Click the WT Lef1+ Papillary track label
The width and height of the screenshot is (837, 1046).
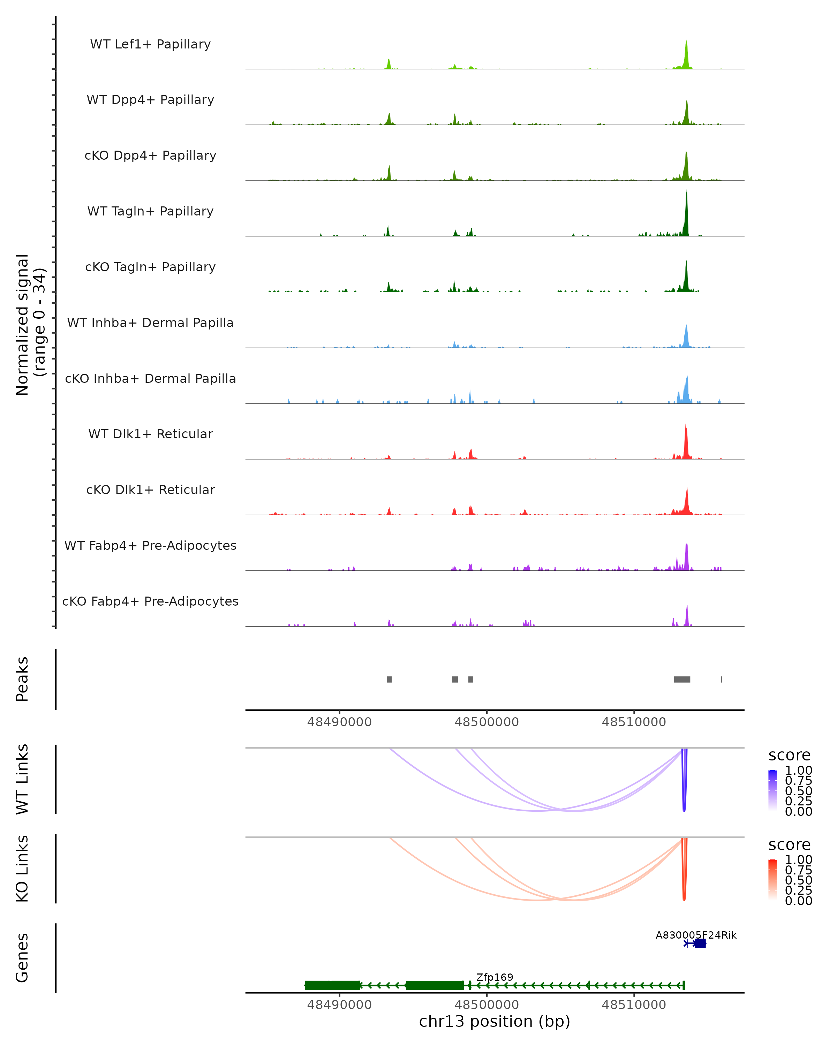click(150, 44)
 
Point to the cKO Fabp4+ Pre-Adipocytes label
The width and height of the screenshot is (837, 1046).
click(150, 601)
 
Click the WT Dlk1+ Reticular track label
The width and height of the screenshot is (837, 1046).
click(150, 434)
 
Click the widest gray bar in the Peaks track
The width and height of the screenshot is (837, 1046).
click(682, 679)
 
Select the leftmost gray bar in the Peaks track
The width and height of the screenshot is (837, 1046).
click(389, 679)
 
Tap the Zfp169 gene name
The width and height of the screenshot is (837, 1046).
click(495, 977)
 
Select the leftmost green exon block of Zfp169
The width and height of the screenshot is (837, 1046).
click(332, 985)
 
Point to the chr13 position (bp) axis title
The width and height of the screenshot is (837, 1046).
click(495, 1021)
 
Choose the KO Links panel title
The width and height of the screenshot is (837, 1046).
click(22, 869)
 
